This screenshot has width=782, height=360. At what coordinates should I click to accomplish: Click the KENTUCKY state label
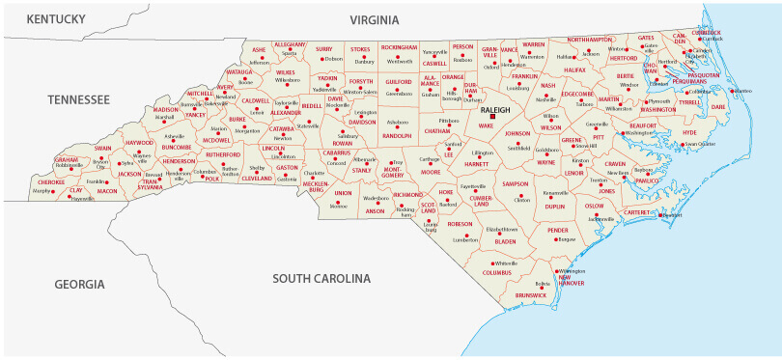pos(56,19)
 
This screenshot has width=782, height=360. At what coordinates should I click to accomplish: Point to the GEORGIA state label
pos(78,284)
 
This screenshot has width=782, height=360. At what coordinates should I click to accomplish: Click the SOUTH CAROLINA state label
pos(321,279)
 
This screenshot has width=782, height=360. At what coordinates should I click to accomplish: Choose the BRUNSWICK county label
pos(530,294)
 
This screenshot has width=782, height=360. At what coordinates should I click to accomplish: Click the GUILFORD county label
pos(399,84)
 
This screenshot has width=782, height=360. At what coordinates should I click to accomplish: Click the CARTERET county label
pos(638,211)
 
